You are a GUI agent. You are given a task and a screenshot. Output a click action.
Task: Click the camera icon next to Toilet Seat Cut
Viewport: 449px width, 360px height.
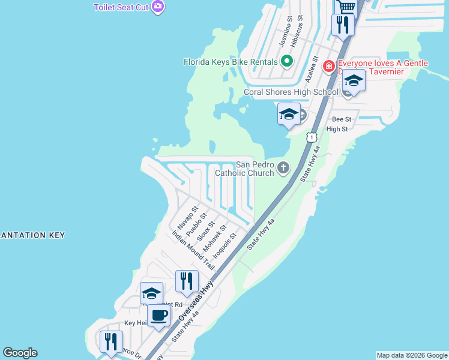pyautogui.click(x=158, y=7)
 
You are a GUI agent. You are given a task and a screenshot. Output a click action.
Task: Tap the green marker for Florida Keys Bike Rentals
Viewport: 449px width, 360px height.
pyautogui.click(x=287, y=61)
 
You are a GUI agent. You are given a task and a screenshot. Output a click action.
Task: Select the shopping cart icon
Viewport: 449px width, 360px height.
pyautogui.click(x=347, y=6)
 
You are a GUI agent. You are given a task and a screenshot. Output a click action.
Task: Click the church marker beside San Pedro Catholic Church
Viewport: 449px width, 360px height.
pyautogui.click(x=283, y=169)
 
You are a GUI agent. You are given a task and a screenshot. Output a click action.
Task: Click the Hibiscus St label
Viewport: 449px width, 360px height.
pyautogui.click(x=297, y=33)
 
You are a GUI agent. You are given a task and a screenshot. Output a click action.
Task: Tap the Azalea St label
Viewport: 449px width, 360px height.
pyautogui.click(x=310, y=70)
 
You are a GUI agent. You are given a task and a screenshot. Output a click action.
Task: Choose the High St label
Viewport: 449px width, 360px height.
pyautogui.click(x=337, y=129)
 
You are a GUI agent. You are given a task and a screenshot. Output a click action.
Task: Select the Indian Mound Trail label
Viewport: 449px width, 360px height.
pyautogui.click(x=193, y=248)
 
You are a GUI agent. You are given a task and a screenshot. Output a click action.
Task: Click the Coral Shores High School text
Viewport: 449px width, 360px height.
pyautogui.click(x=291, y=92)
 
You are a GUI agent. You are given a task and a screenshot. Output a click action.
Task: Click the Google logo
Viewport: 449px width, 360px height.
pyautogui.click(x=20, y=353)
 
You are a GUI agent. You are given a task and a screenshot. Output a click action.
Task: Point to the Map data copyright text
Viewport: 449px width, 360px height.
pyautogui.click(x=412, y=355)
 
